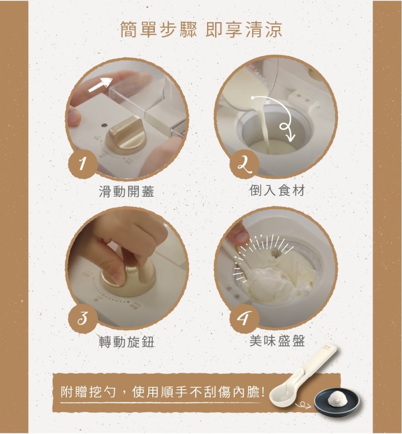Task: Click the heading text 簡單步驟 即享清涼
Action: click(201, 29)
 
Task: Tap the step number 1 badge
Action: click(82, 164)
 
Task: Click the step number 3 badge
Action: click(82, 318)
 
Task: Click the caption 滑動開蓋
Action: click(126, 192)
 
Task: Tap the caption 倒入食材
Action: click(277, 191)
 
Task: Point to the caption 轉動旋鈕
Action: click(127, 341)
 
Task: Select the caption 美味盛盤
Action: click(277, 340)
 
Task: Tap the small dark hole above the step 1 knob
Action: click(104, 125)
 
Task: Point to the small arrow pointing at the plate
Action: click(304, 406)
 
